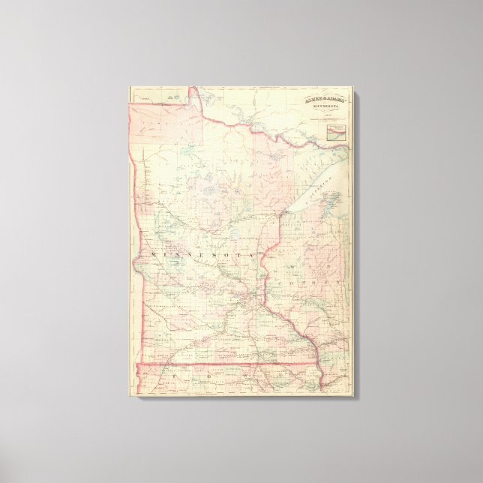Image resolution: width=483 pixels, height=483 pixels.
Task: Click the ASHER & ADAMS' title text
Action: [325, 98]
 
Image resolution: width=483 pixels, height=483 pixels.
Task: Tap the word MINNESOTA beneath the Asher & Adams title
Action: [325, 106]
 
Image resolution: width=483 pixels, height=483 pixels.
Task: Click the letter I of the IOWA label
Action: [151, 371]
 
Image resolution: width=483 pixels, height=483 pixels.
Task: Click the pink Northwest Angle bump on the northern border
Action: [193, 94]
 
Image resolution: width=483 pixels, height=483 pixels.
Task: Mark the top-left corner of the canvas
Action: [128, 86]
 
